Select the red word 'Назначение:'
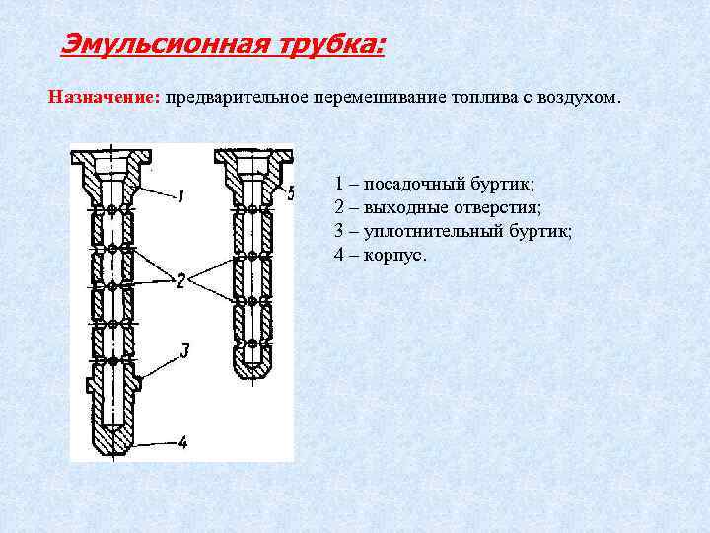tap(105, 98)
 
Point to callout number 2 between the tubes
tap(180, 282)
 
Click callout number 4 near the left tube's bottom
tap(183, 441)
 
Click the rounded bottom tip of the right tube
tap(252, 376)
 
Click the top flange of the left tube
tap(111, 156)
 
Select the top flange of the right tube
tap(253, 156)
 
